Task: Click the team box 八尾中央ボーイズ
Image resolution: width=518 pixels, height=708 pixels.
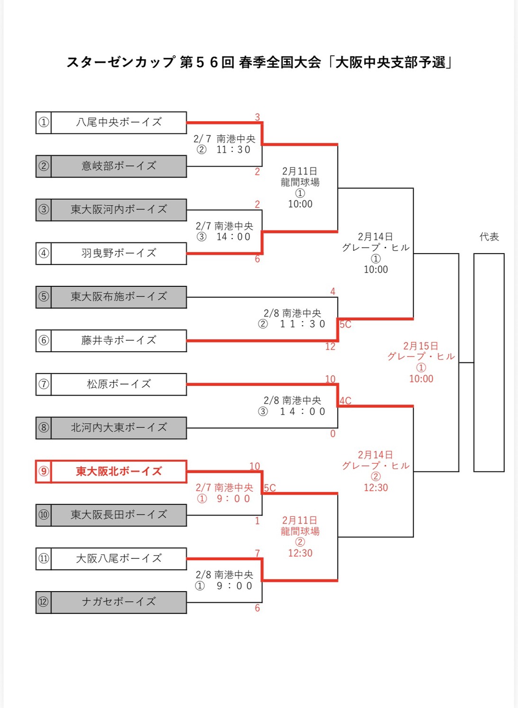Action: coord(118,123)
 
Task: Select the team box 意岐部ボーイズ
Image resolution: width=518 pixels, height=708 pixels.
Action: coord(118,166)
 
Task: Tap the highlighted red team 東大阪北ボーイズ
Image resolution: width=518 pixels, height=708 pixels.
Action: coord(118,471)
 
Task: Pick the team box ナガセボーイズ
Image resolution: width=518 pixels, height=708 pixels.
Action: coord(118,602)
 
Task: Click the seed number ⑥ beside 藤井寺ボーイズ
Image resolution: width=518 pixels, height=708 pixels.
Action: coord(44,340)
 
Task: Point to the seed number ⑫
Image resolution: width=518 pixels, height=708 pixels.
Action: coord(44,602)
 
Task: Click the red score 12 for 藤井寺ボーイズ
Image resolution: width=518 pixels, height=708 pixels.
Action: coord(330,347)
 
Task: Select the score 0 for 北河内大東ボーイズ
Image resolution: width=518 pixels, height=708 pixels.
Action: coord(332,434)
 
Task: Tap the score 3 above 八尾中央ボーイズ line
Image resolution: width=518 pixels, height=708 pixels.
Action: coord(257,117)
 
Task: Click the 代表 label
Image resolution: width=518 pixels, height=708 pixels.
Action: coord(489,237)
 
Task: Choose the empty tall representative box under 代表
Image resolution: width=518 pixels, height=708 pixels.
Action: coord(489,363)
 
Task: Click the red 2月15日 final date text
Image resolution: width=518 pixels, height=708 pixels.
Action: coord(420,346)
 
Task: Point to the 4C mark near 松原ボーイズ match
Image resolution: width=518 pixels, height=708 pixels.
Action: coord(345,401)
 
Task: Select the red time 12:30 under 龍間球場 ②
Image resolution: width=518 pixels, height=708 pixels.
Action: coord(300,553)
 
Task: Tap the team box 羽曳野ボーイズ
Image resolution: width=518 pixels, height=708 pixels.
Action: coord(118,253)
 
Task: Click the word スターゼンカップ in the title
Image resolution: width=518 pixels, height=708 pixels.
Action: coord(121,62)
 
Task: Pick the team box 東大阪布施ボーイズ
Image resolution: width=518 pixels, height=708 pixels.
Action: coord(118,297)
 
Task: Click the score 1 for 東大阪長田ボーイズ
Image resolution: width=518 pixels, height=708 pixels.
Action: coord(257,521)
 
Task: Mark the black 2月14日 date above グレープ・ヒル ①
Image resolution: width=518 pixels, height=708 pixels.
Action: coord(375,237)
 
